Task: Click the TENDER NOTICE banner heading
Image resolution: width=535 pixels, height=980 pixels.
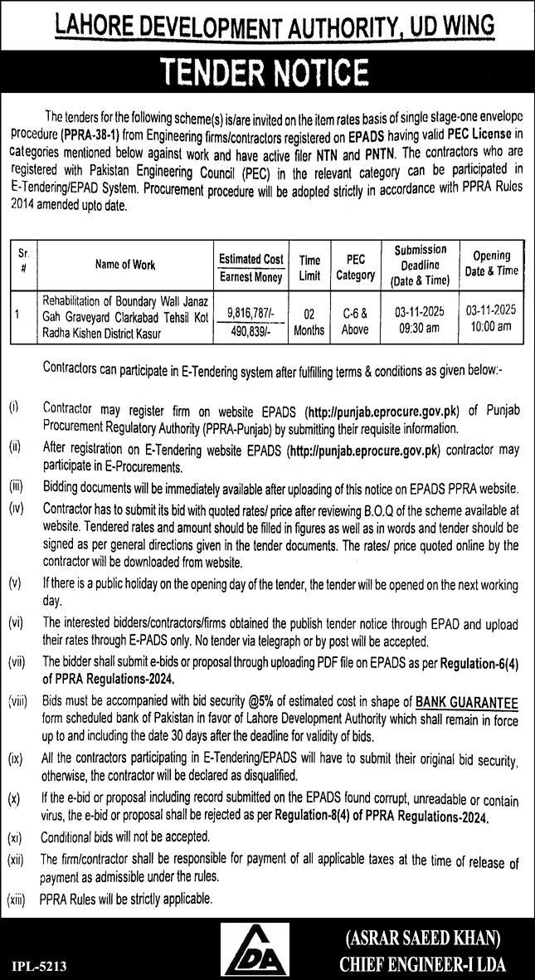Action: point(267,73)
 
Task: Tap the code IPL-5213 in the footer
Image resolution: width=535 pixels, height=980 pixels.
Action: point(39,966)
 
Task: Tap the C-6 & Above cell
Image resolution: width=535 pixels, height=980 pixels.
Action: point(355,320)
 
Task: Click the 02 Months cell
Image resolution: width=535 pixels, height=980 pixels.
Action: point(309,321)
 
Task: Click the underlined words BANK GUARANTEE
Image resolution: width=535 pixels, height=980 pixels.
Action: point(467,703)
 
